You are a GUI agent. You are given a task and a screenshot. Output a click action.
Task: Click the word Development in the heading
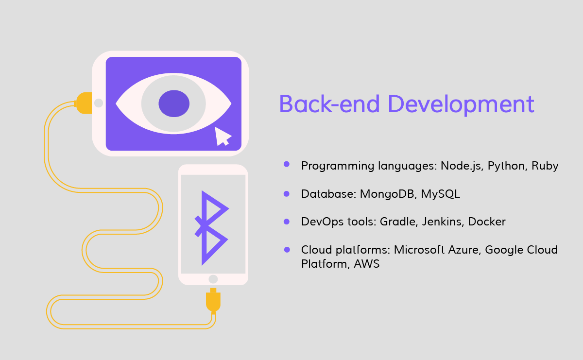pos(461,105)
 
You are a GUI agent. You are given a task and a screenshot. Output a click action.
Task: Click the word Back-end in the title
pos(329,103)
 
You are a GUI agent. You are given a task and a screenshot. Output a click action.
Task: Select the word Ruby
pos(545,166)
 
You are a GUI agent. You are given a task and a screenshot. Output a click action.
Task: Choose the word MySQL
pos(440,194)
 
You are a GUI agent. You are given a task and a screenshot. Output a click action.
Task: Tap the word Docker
pos(487,222)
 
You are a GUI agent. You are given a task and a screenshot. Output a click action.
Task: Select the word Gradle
pos(399,222)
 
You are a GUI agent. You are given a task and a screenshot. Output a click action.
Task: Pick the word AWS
pos(367,264)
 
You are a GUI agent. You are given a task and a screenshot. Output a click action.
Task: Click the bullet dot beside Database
pos(287,194)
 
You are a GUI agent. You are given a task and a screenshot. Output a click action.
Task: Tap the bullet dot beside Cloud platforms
pos(287,250)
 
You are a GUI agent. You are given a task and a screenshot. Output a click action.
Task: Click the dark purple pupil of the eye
pos(174,103)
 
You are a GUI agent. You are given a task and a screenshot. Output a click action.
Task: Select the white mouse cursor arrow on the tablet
pos(222,137)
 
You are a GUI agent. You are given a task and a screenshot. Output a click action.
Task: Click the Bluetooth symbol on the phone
pos(211,228)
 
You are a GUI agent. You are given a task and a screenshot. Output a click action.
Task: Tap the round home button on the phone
pos(213,279)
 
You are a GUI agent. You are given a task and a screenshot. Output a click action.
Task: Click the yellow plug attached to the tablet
pos(83,103)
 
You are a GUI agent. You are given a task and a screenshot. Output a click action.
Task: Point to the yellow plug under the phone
pos(213,300)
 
